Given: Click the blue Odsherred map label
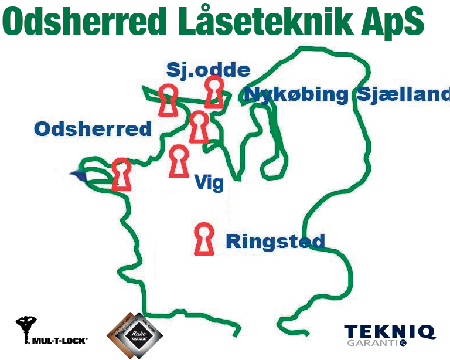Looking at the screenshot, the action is pos(93,128).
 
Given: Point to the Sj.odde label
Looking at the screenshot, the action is pos(208,70).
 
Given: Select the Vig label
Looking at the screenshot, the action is pos(209,184).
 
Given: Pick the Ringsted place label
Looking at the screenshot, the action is pos(275,241).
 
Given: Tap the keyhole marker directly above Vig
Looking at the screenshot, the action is pos(179,161).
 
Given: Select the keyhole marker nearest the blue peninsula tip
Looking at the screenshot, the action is pos(121,174).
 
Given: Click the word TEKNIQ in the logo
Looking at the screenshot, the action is pos(390,332).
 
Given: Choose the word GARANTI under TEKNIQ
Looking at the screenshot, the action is pos(373,343).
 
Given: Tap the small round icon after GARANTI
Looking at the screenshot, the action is pos(403,343).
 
